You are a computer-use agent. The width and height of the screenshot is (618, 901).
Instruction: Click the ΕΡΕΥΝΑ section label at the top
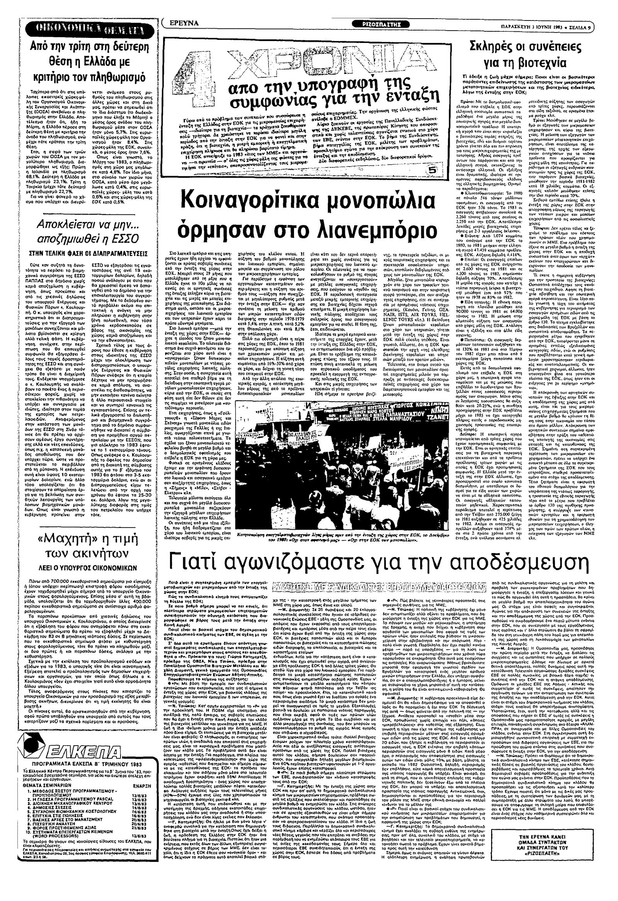click(187, 23)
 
